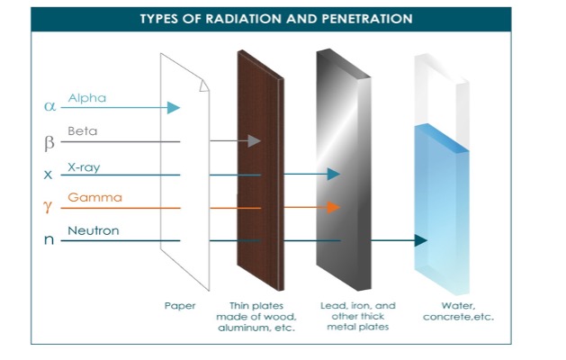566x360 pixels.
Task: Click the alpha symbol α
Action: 49,107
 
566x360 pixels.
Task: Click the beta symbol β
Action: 49,141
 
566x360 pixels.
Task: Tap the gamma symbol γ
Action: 49,208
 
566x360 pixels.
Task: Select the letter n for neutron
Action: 49,241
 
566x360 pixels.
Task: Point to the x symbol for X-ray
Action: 49,175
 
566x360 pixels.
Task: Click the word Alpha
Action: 87,97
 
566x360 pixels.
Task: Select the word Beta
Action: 82,131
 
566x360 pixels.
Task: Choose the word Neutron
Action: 93,231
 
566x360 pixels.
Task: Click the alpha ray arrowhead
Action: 174,108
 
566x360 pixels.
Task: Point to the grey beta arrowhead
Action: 254,141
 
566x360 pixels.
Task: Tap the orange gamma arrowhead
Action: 333,208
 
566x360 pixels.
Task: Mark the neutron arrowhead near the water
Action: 419,240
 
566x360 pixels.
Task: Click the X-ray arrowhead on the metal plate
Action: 334,175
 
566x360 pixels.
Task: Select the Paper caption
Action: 180,306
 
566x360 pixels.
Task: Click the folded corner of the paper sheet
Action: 205,84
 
